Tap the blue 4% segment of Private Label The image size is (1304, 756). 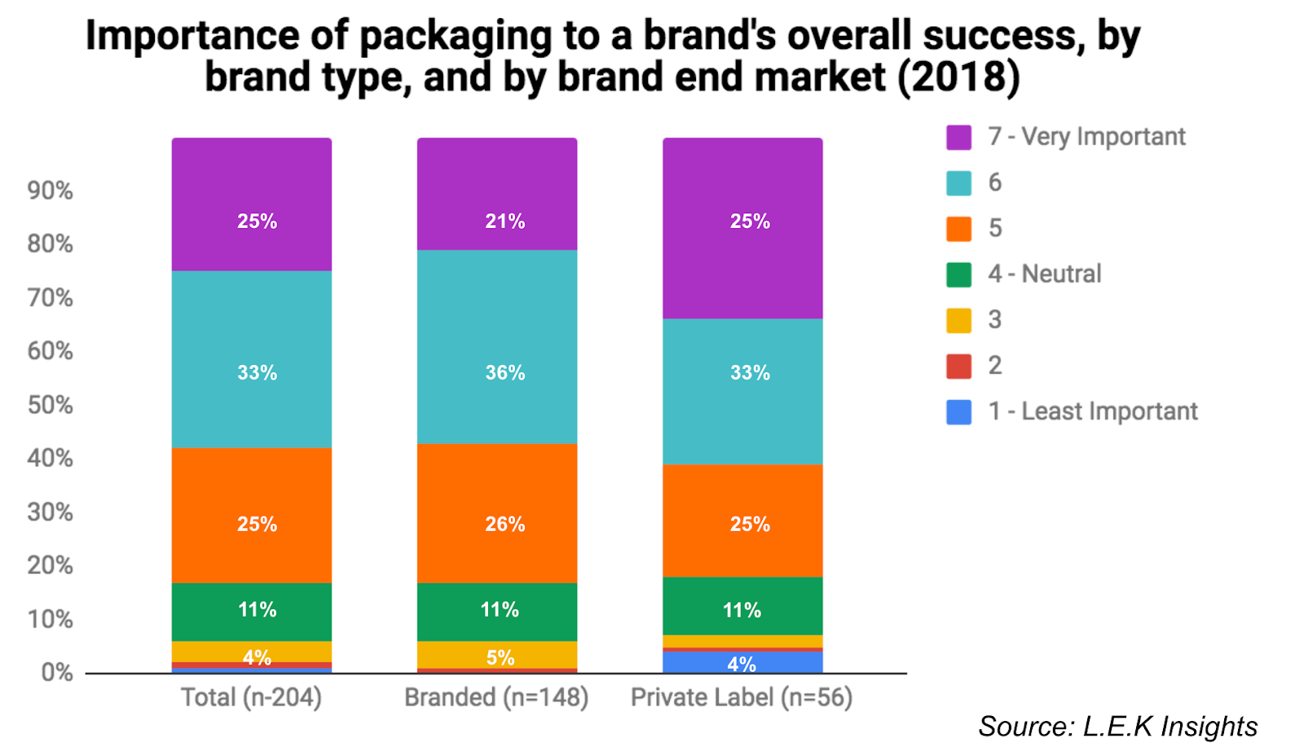[742, 662]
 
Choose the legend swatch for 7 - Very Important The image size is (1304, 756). [958, 138]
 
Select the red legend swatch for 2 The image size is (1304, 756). [958, 367]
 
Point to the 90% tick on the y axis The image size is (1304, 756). [50, 191]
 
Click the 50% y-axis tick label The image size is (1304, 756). [50, 405]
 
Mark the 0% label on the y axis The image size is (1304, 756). [56, 673]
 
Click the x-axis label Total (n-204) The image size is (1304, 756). [251, 698]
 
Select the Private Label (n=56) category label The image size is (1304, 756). [742, 698]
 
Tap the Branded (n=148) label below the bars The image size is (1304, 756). [496, 698]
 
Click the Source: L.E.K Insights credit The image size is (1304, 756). [1117, 727]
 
